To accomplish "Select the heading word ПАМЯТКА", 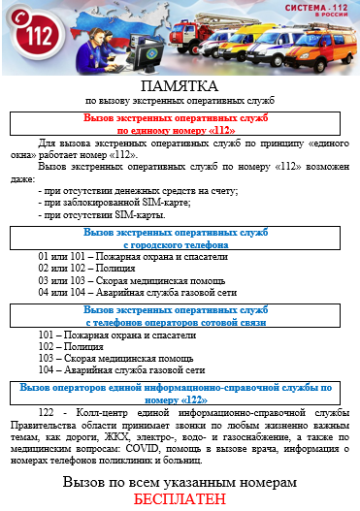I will click(x=180, y=86).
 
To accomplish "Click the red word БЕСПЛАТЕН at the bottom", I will click(x=180, y=499).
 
